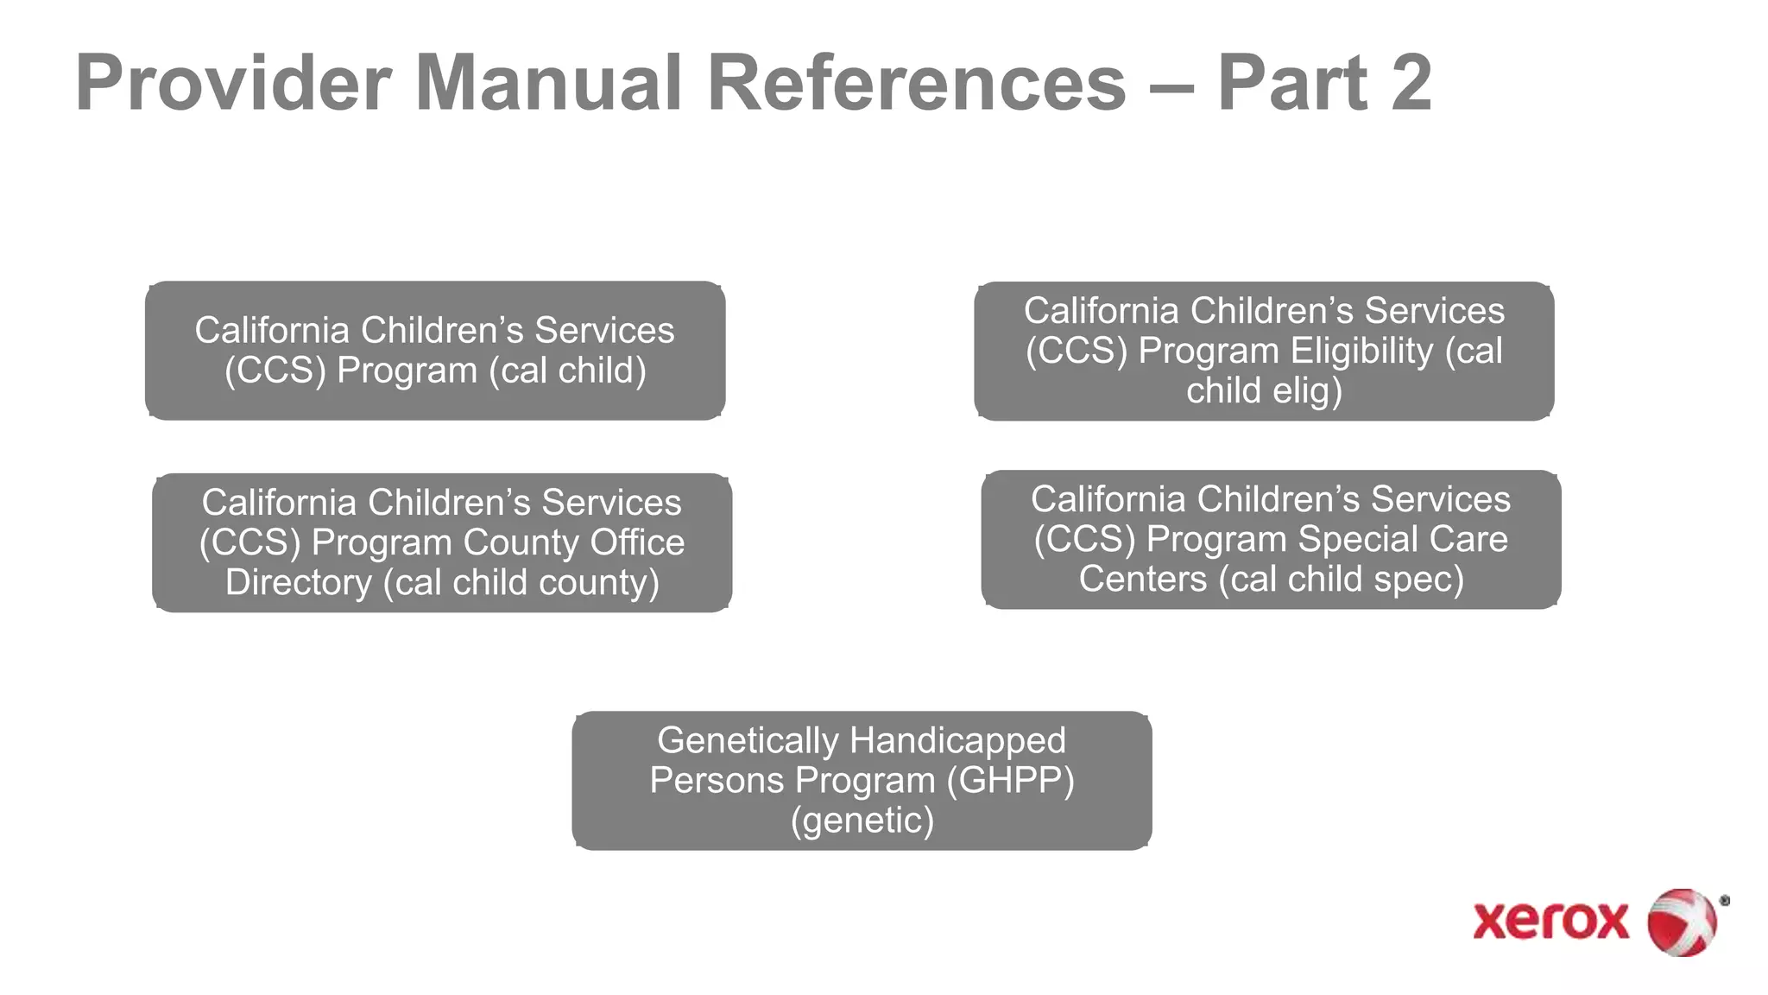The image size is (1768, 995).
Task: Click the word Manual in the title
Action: (549, 84)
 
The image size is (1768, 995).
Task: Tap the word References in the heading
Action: (917, 84)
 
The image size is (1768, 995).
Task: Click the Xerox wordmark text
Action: (1550, 921)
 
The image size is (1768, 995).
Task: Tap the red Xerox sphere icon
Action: (1682, 922)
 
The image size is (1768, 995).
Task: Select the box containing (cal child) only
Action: (435, 351)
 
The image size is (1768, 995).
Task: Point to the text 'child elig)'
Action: (1264, 390)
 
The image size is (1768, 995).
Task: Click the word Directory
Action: (298, 582)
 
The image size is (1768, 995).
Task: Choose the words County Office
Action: (574, 542)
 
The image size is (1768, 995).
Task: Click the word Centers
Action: (1142, 579)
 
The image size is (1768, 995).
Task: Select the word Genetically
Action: (748, 741)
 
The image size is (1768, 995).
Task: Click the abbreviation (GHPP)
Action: (1011, 780)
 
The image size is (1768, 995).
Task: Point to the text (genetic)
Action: (862, 820)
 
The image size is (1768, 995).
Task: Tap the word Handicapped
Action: (957, 741)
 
